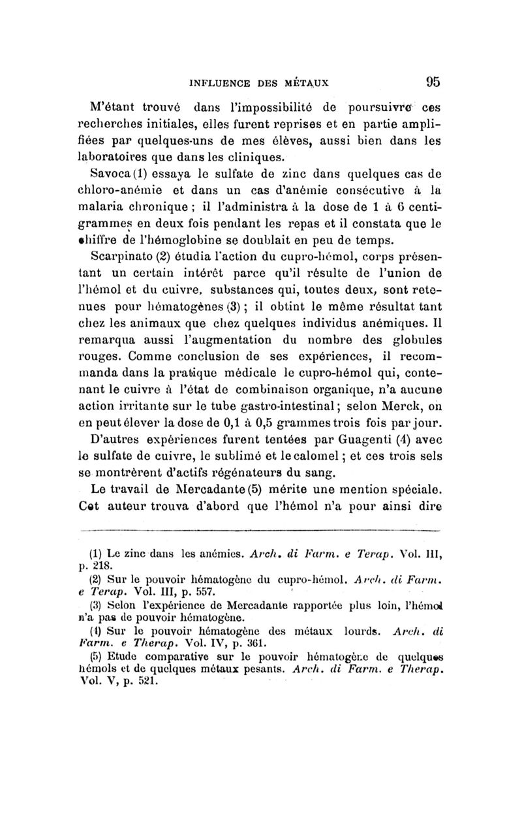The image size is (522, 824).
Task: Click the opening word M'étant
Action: click(115, 107)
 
